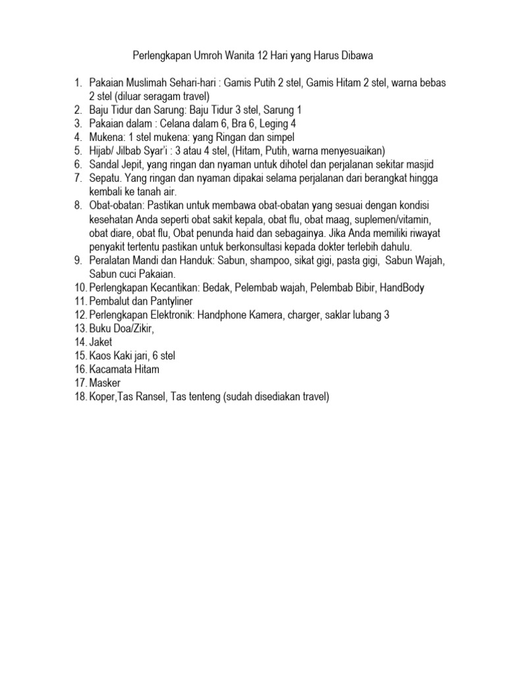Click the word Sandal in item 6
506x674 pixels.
click(105, 164)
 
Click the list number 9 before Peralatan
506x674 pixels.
click(78, 261)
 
